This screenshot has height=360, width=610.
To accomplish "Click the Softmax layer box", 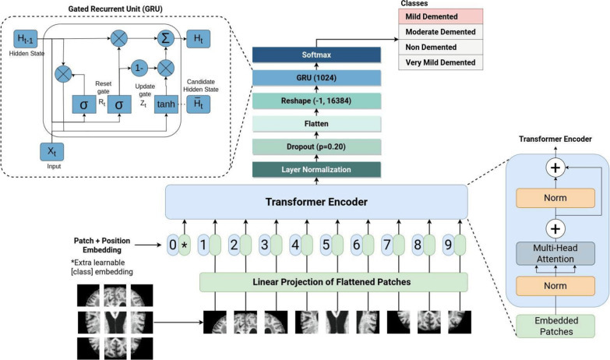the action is click(x=316, y=55).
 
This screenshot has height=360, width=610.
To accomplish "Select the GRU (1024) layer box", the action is click(x=316, y=78).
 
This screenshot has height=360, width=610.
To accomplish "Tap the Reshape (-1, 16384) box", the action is click(x=316, y=101).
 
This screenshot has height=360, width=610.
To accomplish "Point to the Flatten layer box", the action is click(x=316, y=124).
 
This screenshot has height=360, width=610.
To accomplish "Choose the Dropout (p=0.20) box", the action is click(x=316, y=146).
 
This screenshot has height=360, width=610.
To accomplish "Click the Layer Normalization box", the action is click(x=316, y=170).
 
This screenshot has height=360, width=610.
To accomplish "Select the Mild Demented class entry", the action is click(x=440, y=16).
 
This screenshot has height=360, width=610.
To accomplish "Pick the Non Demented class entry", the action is click(x=440, y=47).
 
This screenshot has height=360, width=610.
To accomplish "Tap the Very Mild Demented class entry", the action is click(x=440, y=62).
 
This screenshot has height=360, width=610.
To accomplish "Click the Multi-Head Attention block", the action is click(x=555, y=253).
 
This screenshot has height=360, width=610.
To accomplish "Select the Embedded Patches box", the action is click(x=555, y=326).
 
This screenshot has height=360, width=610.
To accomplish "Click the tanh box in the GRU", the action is click(x=166, y=104).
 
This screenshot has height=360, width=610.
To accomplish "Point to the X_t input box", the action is click(x=51, y=152).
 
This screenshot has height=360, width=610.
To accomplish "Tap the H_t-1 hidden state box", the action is click(x=26, y=38).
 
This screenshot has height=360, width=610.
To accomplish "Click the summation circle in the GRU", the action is click(x=166, y=38).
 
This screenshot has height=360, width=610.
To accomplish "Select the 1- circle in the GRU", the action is click(x=139, y=68).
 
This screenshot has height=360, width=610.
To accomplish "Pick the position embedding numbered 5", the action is click(x=326, y=245).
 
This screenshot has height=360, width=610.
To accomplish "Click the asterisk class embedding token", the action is click(x=185, y=245).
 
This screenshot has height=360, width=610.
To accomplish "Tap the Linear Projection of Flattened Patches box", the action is click(x=333, y=282).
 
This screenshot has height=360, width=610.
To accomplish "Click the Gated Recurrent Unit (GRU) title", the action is click(x=115, y=9).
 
